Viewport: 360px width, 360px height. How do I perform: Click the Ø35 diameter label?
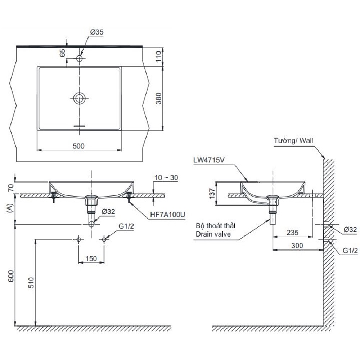[x=97, y=32]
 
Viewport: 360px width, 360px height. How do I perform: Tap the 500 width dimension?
[x=78, y=146]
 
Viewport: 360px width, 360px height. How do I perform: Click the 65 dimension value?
[x=62, y=53]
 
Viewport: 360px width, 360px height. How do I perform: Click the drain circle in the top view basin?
[x=79, y=98]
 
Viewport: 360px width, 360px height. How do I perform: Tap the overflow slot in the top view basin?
[x=79, y=126]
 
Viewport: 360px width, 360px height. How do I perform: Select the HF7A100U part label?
[x=168, y=215]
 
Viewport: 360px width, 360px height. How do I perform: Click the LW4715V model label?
[x=208, y=160]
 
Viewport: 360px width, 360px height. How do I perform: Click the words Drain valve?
[x=213, y=234]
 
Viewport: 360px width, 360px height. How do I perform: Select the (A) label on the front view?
[x=10, y=209]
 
